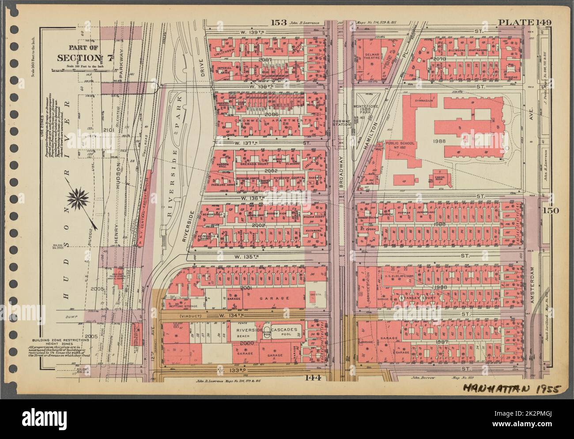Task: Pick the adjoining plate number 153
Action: pyautogui.click(x=279, y=23)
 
